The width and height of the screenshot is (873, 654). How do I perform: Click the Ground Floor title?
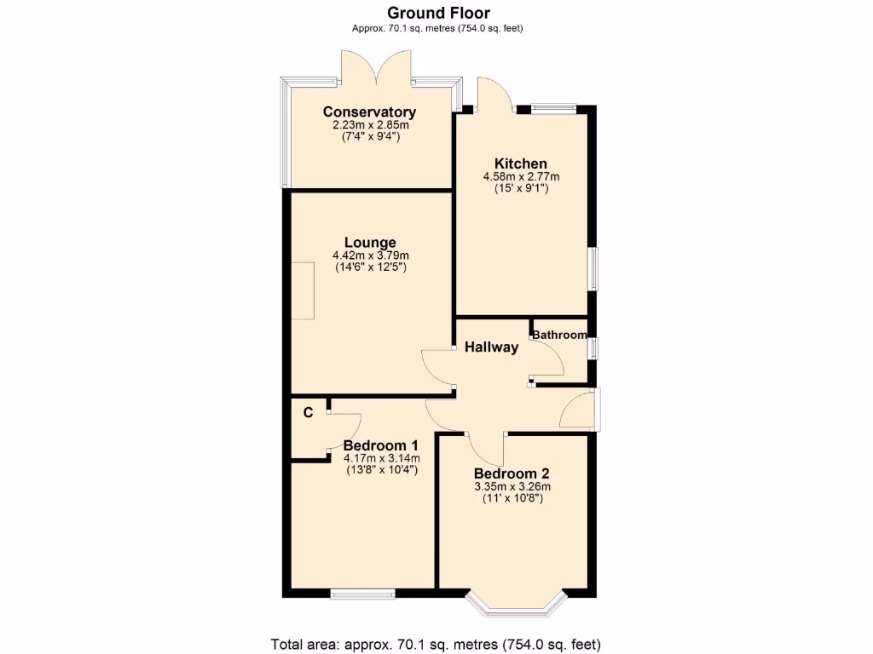[x=438, y=12]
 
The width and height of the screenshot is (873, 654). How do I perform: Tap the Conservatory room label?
[x=369, y=112]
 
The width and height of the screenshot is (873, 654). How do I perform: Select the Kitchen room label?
[x=521, y=163]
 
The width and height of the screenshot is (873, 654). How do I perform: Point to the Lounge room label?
[x=370, y=242]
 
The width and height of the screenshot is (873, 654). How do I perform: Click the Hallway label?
[x=491, y=347]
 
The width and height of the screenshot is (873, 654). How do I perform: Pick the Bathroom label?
[x=559, y=335]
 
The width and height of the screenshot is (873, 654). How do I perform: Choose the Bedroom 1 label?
[x=380, y=445]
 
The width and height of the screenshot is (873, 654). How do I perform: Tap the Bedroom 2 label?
[x=512, y=474]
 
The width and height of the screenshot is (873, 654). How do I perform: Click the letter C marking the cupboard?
[x=309, y=412]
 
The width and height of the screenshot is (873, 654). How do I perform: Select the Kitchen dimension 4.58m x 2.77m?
[x=521, y=177]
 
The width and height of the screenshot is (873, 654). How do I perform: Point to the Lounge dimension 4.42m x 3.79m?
[x=370, y=255]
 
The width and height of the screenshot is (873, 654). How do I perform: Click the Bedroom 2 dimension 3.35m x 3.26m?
[x=512, y=487]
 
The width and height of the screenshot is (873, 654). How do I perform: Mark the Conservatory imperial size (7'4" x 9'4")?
[x=370, y=136]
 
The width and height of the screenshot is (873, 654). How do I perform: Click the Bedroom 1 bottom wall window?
[x=362, y=594]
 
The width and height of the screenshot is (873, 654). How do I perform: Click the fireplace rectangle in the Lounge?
[x=303, y=290]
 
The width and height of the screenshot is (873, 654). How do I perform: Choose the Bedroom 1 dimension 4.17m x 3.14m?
[x=380, y=458]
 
